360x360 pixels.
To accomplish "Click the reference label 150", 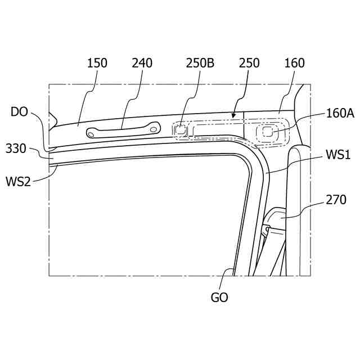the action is [x=97, y=63].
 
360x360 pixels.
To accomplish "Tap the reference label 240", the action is [x=142, y=63].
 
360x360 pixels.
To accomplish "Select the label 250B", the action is [x=200, y=63].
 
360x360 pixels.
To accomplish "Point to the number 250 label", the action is [x=249, y=63].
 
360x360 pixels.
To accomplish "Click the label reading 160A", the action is [x=340, y=113].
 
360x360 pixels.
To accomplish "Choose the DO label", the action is [x=19, y=112].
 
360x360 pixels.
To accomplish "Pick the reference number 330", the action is [x=16, y=148].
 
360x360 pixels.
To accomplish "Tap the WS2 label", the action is [x=18, y=182].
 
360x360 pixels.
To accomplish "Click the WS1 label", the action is [x=338, y=155].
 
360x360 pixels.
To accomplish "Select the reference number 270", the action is [x=336, y=200].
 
